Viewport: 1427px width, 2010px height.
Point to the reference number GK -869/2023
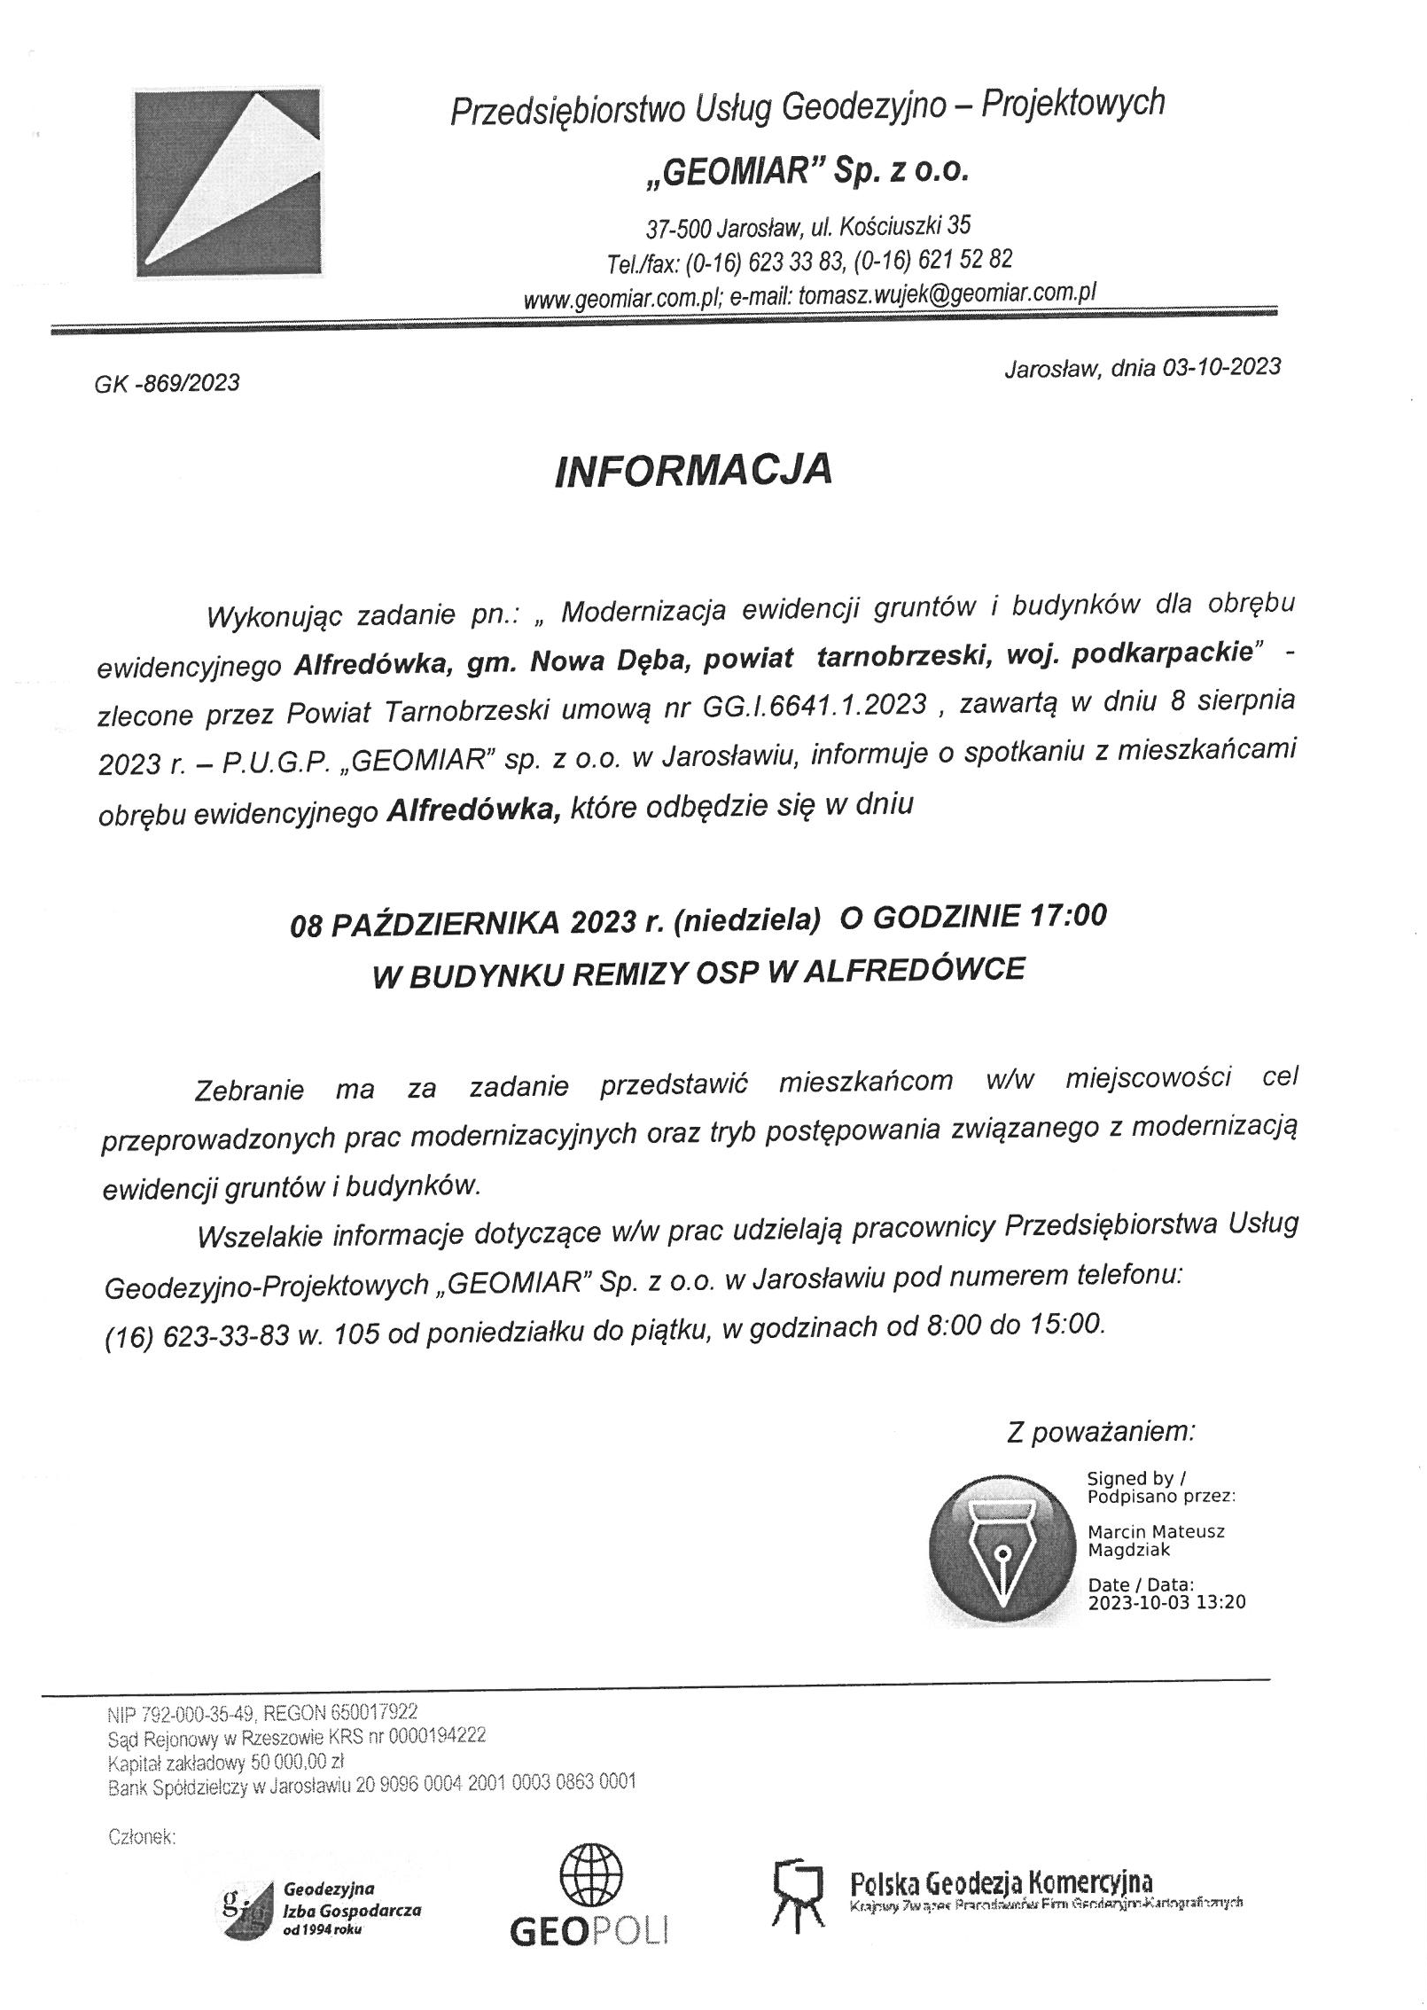(167, 382)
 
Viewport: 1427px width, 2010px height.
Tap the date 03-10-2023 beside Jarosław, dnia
(1220, 367)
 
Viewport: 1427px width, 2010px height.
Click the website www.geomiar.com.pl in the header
(624, 301)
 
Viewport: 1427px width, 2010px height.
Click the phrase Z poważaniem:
(1101, 1431)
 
